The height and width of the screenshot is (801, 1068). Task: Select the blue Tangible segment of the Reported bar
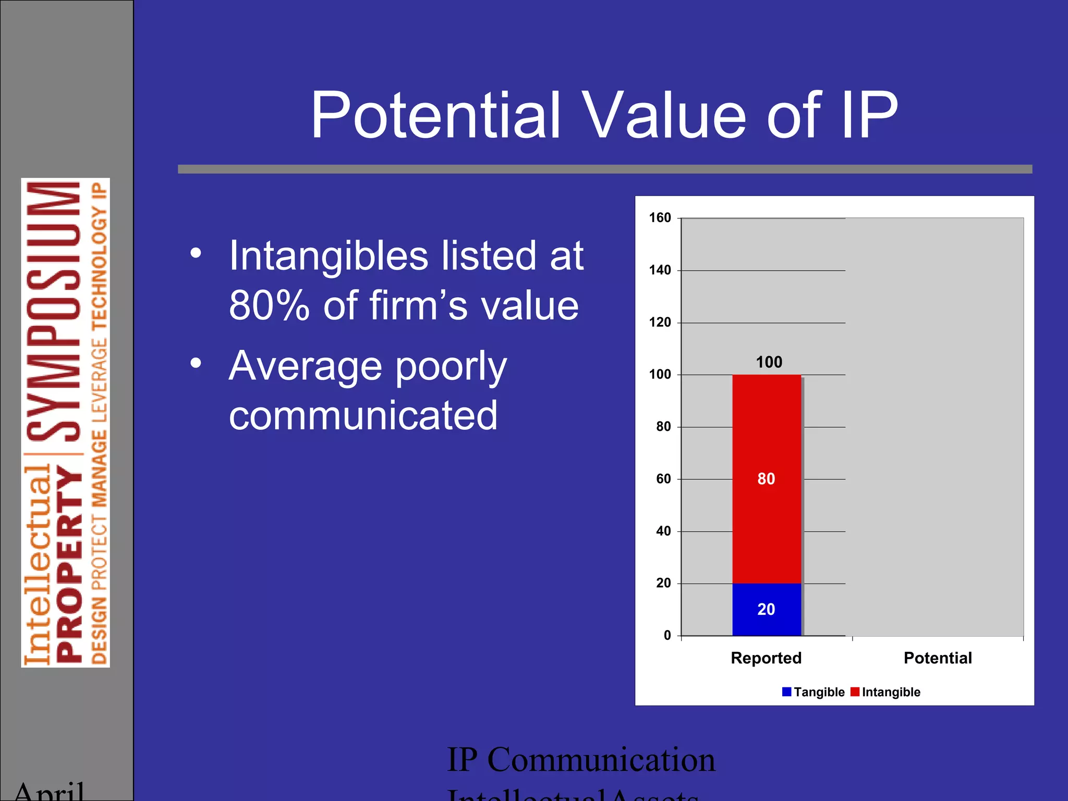pos(766,609)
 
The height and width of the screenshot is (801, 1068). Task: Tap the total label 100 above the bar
pos(769,362)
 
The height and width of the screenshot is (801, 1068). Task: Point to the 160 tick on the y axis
pos(660,218)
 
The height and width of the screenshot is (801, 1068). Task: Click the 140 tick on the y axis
pos(660,270)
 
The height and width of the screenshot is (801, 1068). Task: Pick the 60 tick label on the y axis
pos(663,479)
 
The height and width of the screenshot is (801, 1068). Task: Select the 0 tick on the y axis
pos(667,636)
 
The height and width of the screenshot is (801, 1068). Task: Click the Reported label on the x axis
pos(766,658)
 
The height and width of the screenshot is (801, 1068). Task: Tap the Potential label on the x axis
pos(937,658)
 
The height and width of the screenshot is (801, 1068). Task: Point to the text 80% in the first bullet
pos(269,306)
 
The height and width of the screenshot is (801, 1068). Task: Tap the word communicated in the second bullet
pos(363,416)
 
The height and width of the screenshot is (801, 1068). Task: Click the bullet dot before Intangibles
pos(196,254)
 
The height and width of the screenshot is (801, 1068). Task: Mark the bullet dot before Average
pos(196,363)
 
